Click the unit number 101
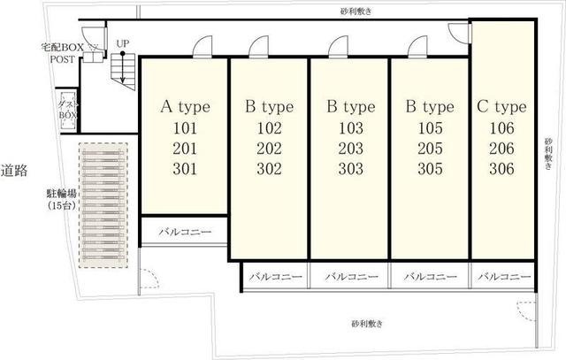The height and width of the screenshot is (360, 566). (185, 128)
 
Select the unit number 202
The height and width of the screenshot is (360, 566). (269, 149)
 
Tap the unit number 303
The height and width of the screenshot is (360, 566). (350, 169)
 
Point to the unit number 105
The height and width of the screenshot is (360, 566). (430, 128)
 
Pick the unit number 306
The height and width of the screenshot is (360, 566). (501, 169)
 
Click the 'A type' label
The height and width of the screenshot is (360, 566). (185, 107)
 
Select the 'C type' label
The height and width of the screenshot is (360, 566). (501, 107)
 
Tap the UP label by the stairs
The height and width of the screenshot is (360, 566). (123, 43)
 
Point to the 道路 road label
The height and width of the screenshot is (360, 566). (14, 171)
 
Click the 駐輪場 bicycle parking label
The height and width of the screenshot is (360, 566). (62, 194)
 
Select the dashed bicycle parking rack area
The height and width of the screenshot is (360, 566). (103, 205)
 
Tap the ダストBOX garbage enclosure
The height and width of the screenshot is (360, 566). (68, 111)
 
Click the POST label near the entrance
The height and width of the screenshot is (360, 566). (63, 59)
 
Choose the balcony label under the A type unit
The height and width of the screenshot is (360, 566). (185, 232)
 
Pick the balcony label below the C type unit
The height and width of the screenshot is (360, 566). (504, 277)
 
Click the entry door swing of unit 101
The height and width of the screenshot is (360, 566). (203, 47)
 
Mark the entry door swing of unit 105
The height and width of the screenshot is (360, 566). (417, 47)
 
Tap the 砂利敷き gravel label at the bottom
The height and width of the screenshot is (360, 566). (367, 323)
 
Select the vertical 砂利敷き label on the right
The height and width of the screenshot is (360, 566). (548, 153)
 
